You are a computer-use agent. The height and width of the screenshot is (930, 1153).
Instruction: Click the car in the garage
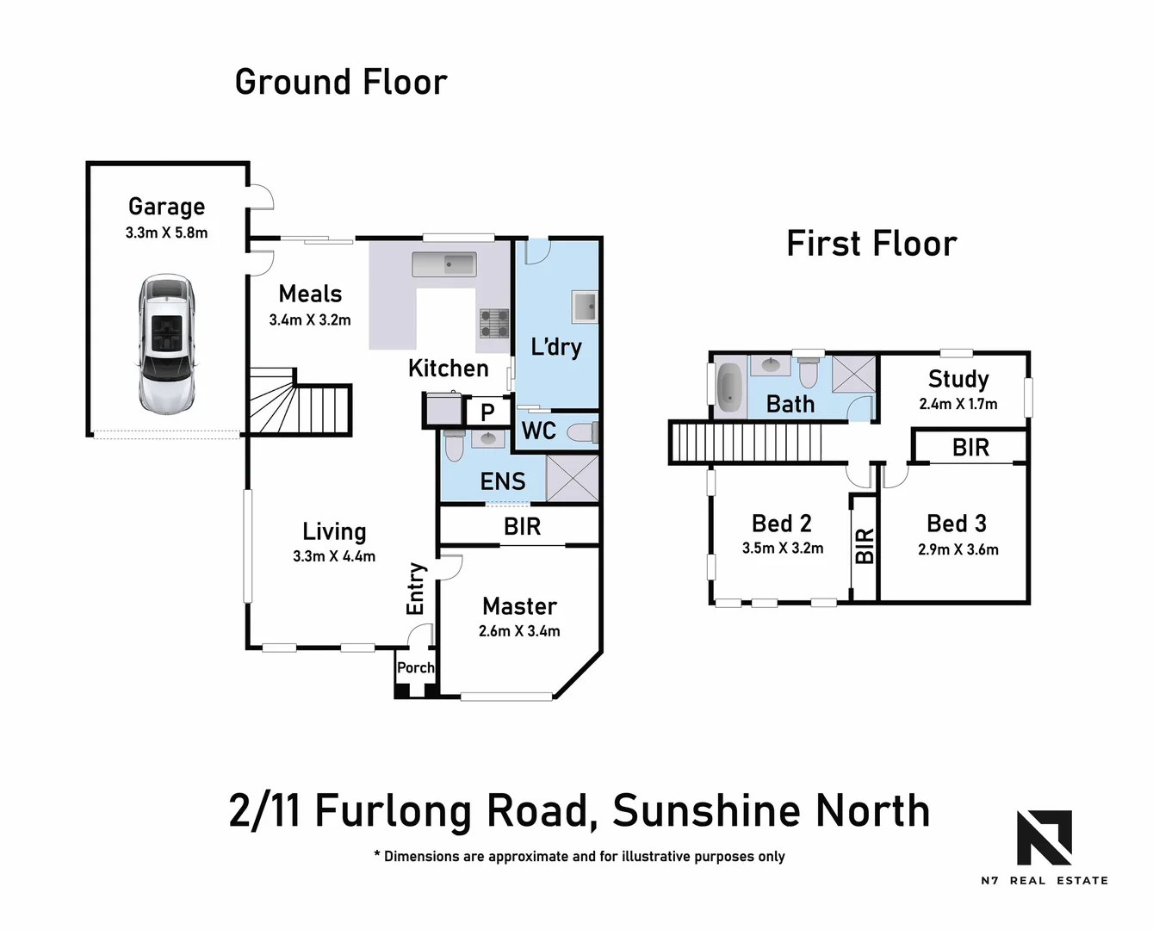click(166, 343)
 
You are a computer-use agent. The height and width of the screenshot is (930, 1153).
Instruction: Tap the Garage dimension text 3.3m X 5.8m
click(166, 232)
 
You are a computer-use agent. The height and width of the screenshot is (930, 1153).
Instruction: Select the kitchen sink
click(443, 263)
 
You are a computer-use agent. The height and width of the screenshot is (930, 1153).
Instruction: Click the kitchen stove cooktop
click(494, 323)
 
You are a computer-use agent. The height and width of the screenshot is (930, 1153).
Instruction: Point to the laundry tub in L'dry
click(584, 306)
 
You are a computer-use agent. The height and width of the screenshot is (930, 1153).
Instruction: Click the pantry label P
click(487, 412)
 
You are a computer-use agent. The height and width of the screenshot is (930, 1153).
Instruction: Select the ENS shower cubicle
click(572, 478)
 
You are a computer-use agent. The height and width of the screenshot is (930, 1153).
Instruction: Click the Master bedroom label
click(519, 606)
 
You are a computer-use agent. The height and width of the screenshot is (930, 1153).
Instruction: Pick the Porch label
click(415, 667)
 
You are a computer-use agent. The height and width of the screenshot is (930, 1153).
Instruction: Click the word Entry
click(416, 588)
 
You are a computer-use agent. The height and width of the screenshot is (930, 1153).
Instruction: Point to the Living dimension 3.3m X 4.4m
click(334, 556)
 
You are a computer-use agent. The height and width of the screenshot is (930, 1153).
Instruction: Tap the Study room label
click(958, 379)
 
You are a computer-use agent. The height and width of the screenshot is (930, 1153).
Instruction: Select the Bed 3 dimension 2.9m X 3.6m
click(958, 549)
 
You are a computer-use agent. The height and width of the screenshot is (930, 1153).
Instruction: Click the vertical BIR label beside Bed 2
click(864, 546)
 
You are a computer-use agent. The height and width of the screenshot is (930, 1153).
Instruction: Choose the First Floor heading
click(871, 244)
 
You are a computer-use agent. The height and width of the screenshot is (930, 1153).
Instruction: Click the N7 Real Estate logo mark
click(1044, 837)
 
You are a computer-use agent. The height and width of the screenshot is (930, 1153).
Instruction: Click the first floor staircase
click(745, 443)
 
